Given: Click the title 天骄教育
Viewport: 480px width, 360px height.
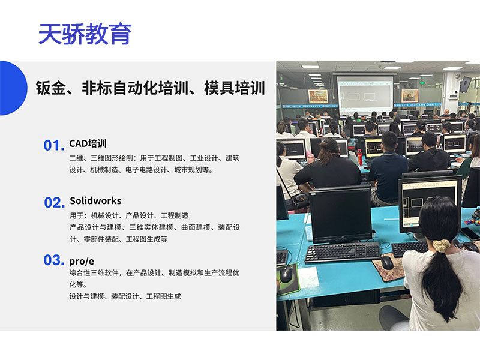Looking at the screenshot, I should click(x=85, y=34).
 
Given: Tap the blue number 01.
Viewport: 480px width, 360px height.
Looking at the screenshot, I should click(x=53, y=146).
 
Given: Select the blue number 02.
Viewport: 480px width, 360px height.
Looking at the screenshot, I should click(x=53, y=203).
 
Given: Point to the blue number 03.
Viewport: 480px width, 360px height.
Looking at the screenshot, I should click(x=53, y=260).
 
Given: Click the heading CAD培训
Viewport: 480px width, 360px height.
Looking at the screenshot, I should click(x=88, y=143).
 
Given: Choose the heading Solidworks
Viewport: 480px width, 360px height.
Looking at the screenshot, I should click(x=95, y=200).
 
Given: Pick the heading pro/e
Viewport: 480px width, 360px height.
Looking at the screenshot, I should click(x=83, y=259).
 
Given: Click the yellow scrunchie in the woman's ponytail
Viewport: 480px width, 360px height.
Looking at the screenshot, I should click(x=442, y=245).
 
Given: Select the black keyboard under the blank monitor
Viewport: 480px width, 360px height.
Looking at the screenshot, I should click(x=342, y=251).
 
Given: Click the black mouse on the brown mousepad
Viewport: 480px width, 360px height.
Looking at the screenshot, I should click(x=387, y=262).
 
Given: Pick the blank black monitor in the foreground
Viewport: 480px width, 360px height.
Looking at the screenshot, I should click(x=340, y=213).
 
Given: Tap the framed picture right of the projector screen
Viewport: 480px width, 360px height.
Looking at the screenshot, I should click(x=410, y=95).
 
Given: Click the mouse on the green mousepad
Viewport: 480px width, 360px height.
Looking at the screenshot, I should click(x=286, y=275).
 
